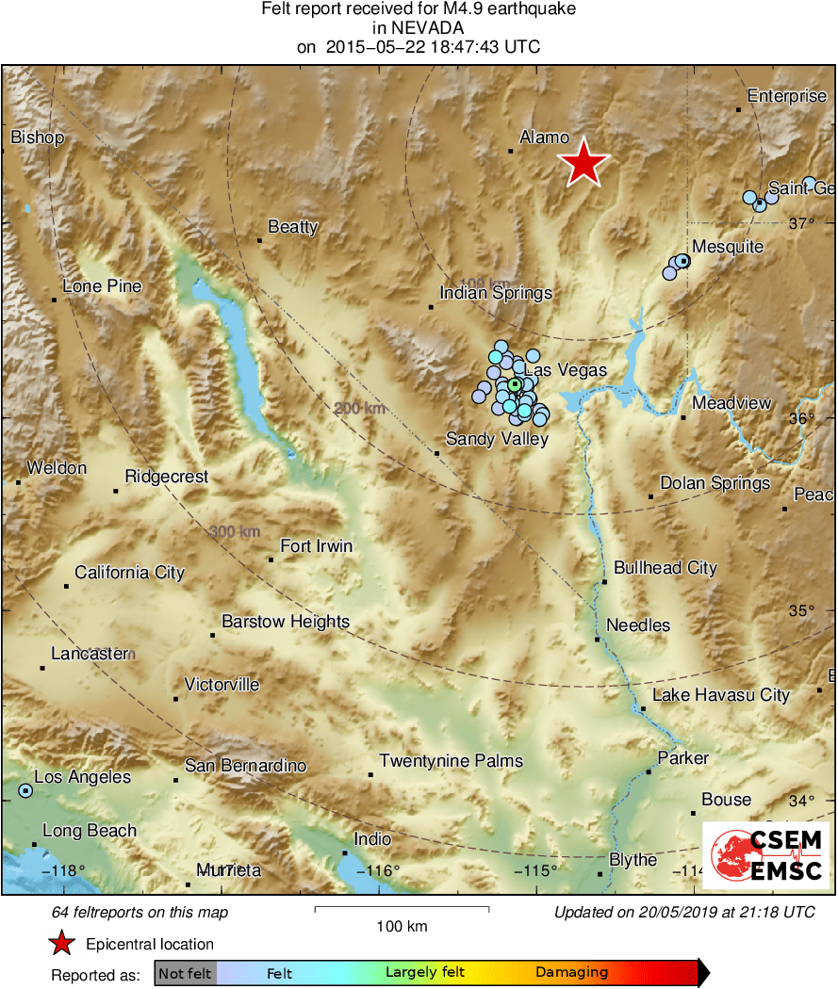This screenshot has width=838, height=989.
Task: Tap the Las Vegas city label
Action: [x=566, y=370]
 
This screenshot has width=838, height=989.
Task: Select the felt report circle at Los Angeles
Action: [x=25, y=791]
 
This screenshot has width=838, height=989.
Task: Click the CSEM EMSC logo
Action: [x=765, y=854]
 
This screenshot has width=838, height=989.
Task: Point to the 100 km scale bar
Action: [x=402, y=909]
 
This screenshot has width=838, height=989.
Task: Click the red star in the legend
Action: [x=62, y=943]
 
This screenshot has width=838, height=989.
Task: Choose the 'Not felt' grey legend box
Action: [x=185, y=973]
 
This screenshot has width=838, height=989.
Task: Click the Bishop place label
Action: [x=38, y=138]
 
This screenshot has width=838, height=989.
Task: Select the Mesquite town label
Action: [x=727, y=247]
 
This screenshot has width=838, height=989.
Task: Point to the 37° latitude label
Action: [x=800, y=223]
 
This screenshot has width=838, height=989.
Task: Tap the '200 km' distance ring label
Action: [x=360, y=408]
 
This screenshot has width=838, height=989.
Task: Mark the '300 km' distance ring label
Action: [x=235, y=532]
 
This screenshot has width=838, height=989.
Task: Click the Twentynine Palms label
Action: [x=451, y=761]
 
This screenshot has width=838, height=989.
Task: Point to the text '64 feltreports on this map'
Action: [x=140, y=913]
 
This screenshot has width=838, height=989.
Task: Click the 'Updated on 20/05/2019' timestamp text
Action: [x=683, y=913]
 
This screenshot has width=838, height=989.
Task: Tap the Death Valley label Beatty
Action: [x=293, y=227]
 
